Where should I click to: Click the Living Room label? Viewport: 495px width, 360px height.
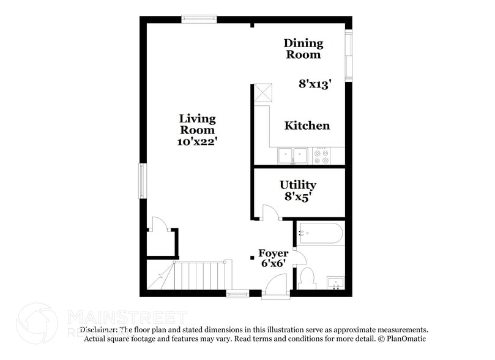(x=197, y=124)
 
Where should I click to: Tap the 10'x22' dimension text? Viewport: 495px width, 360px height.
(x=197, y=141)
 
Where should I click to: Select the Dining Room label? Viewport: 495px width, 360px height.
(x=303, y=49)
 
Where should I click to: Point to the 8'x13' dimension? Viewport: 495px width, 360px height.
(x=314, y=84)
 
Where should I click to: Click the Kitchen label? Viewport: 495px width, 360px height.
(x=307, y=126)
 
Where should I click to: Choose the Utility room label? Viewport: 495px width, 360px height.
(x=298, y=184)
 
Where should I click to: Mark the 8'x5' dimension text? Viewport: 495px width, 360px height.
(x=298, y=197)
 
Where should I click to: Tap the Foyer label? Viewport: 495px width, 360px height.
(x=273, y=253)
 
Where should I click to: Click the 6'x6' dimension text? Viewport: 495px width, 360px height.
(x=273, y=264)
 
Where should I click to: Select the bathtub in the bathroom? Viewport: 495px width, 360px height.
(x=320, y=233)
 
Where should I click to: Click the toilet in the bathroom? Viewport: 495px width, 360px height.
(x=307, y=278)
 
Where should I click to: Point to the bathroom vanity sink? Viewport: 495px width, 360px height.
(x=335, y=282)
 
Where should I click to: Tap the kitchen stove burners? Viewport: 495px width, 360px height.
(x=321, y=157)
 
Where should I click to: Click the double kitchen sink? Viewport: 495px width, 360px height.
(x=293, y=156)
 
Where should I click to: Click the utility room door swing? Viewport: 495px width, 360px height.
(x=270, y=212)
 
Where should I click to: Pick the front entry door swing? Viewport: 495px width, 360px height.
(x=276, y=285)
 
